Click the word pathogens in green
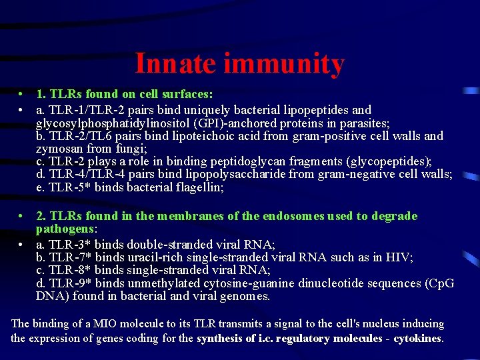coord(63,229)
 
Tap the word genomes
coord(245,297)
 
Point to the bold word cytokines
coord(417,338)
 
